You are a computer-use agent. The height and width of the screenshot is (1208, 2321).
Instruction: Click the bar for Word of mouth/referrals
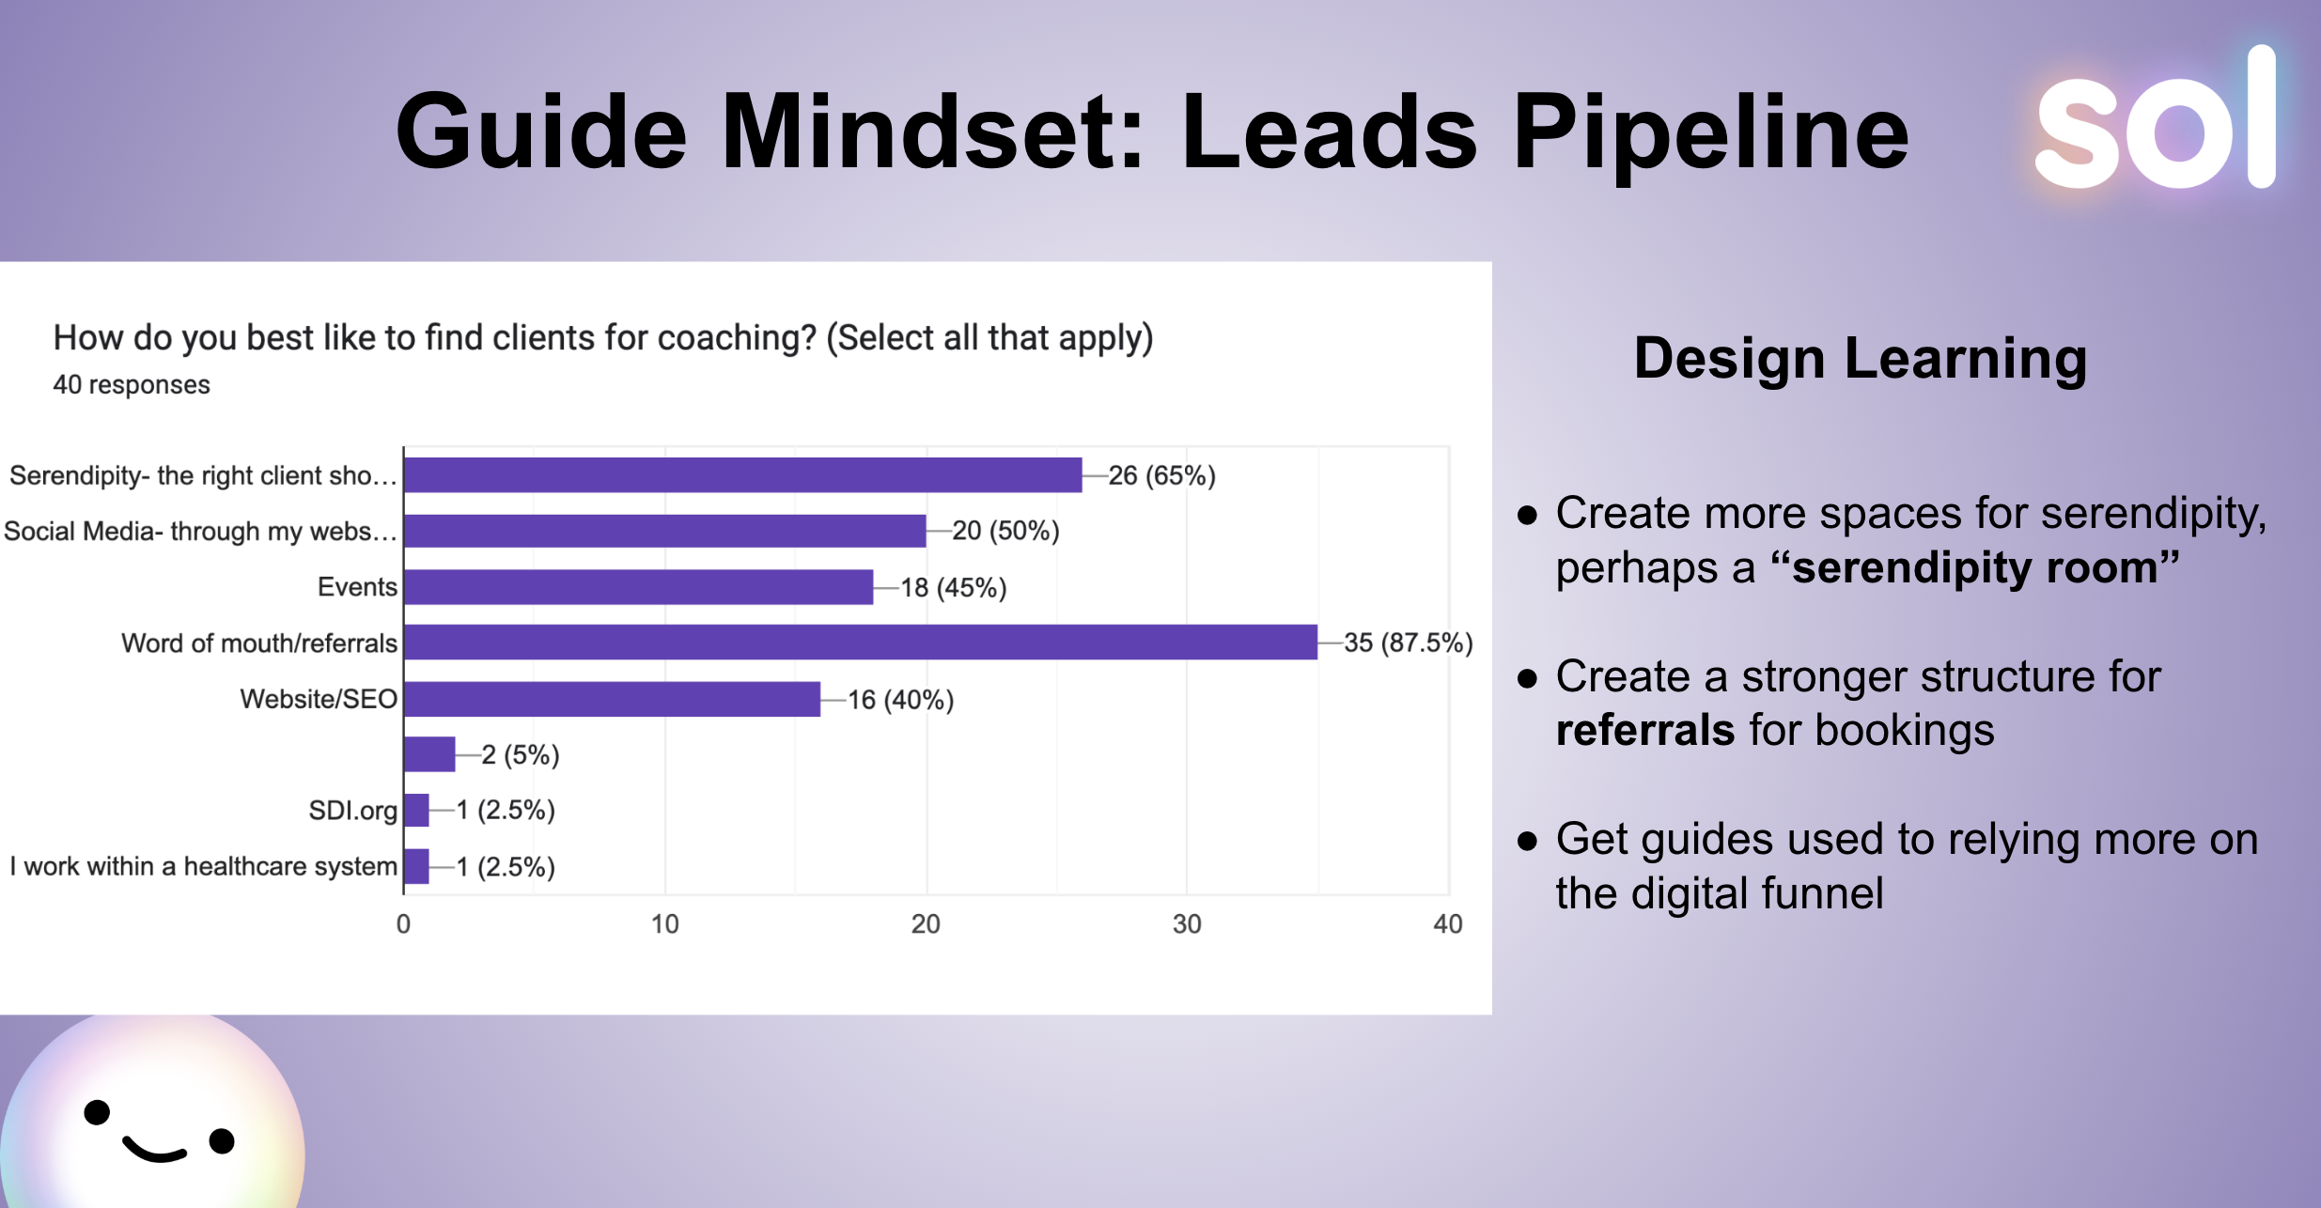(860, 643)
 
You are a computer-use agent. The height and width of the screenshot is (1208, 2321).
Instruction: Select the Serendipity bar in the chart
(742, 475)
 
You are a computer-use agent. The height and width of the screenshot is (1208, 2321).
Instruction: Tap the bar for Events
(638, 587)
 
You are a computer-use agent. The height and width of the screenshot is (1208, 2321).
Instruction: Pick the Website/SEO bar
(612, 699)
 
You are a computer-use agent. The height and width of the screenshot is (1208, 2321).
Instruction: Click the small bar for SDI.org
(416, 810)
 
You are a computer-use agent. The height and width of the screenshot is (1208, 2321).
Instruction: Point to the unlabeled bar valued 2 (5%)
(429, 754)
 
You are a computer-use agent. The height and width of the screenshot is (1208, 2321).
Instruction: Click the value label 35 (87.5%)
(1408, 643)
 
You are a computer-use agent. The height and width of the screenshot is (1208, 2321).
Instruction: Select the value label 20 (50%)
(1005, 532)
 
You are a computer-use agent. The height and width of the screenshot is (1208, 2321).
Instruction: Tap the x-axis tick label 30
(1187, 924)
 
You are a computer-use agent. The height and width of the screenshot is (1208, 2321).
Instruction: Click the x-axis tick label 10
(664, 924)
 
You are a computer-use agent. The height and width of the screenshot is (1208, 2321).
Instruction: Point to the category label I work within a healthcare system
(204, 866)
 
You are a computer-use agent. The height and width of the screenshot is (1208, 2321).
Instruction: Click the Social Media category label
(200, 532)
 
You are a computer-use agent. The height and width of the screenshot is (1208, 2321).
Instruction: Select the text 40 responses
(132, 385)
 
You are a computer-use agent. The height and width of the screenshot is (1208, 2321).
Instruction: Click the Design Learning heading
(1861, 359)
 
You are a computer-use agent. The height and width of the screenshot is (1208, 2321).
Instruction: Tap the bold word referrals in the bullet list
(1644, 731)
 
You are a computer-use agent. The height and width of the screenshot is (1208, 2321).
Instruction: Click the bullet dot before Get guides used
(1528, 840)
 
